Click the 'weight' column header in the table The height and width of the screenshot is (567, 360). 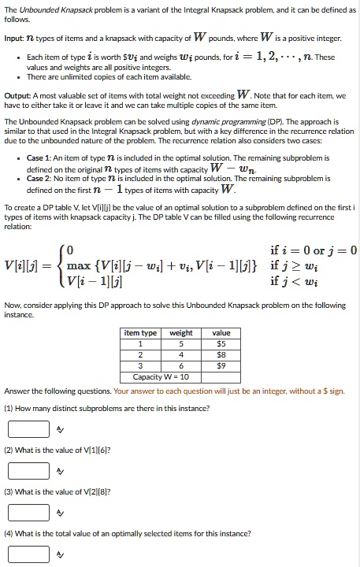181,333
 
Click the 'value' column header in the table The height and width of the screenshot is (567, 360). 221,333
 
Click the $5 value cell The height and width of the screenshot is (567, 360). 221,344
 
